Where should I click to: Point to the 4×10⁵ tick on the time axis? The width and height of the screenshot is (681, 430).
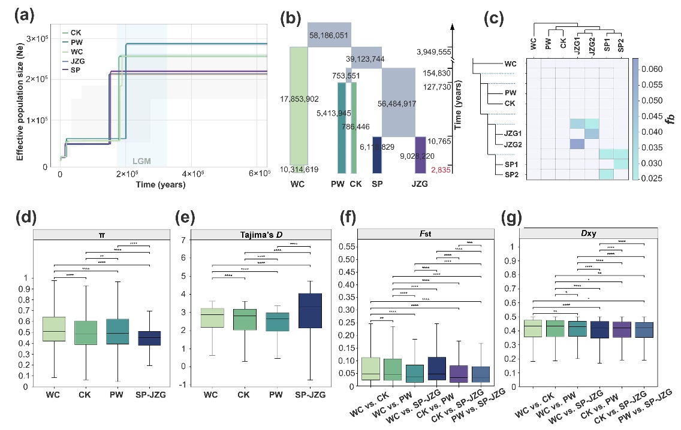tap(193, 174)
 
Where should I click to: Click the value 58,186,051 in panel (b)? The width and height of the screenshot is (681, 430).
tap(330, 35)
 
